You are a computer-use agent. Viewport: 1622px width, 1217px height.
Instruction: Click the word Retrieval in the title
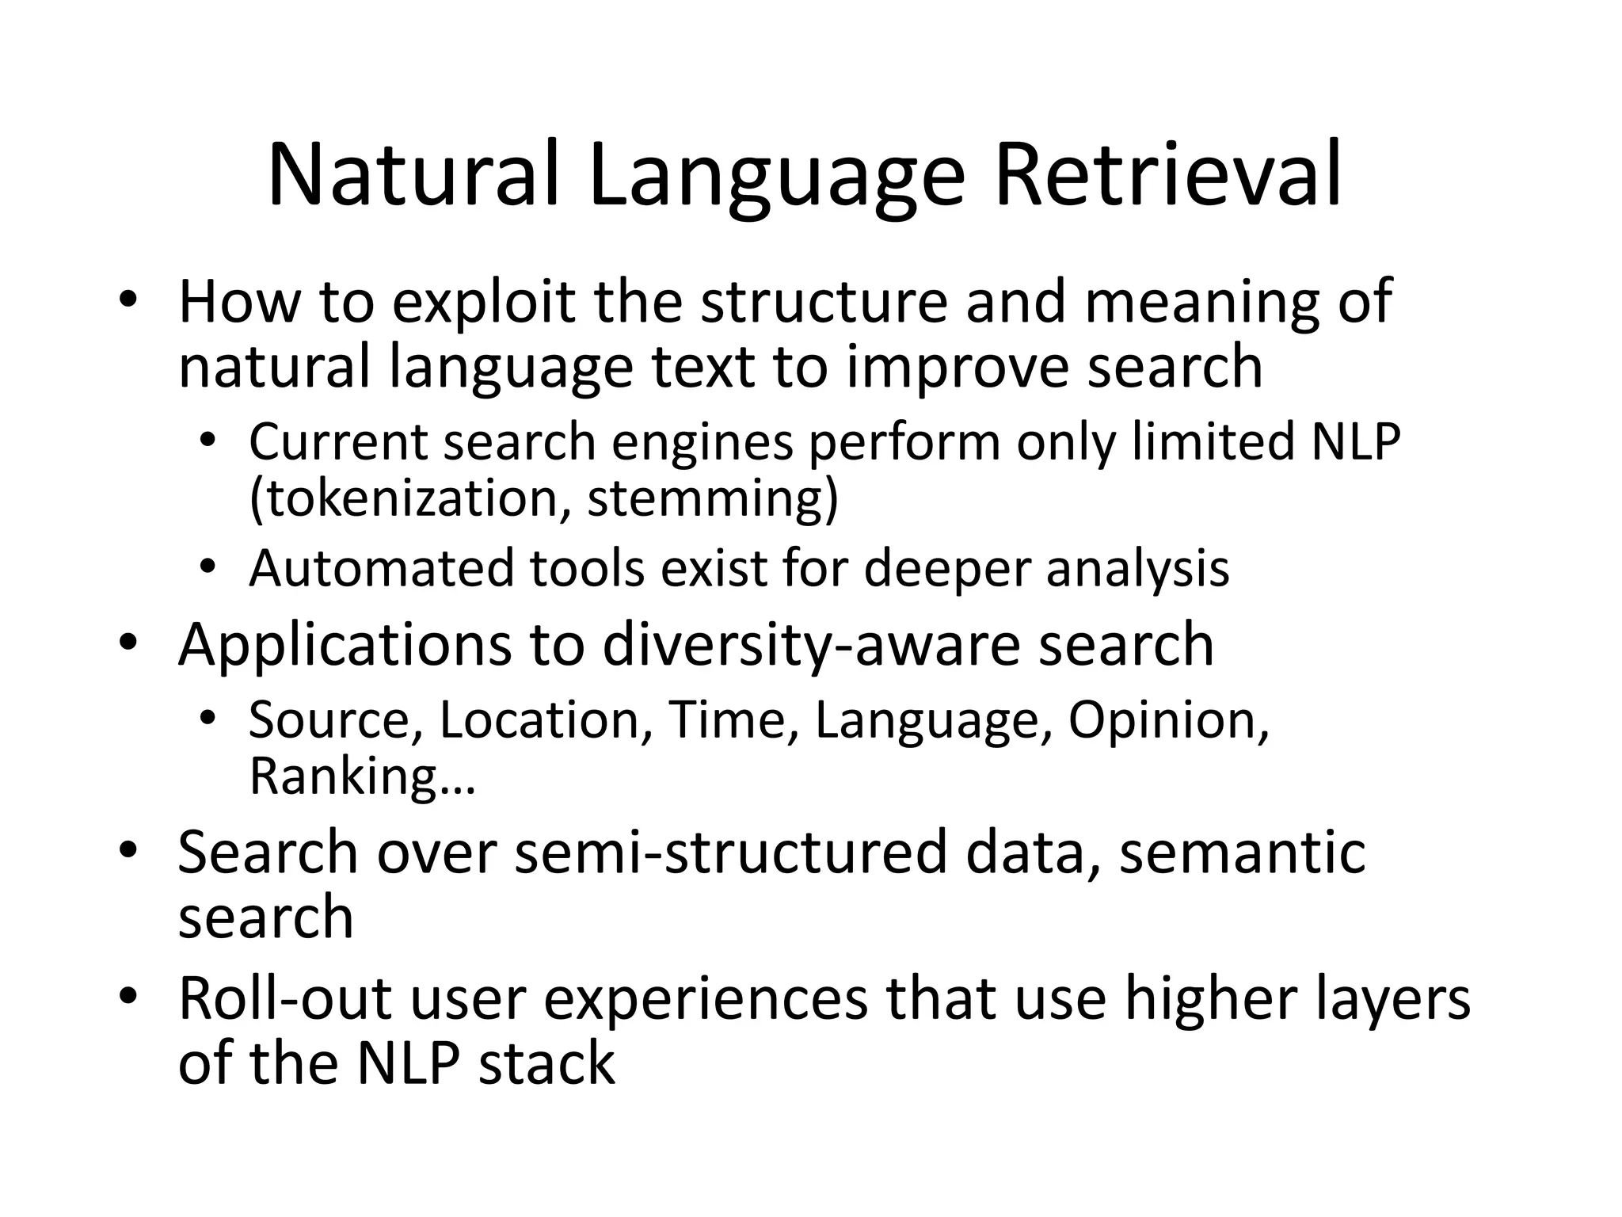1167,176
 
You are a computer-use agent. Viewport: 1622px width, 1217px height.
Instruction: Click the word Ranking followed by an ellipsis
361,776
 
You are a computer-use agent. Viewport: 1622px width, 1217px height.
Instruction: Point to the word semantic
1242,853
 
